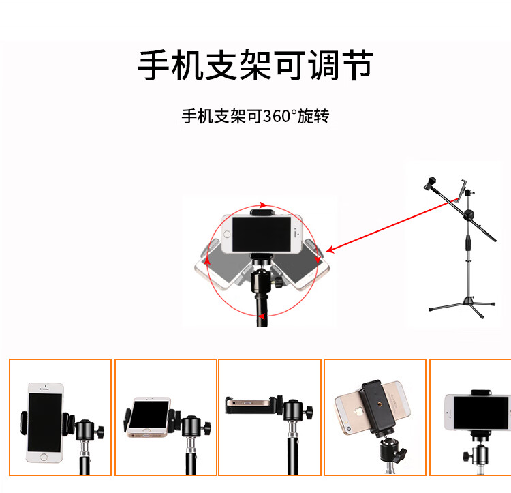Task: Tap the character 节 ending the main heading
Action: [355, 67]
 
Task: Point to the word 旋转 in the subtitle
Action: [313, 117]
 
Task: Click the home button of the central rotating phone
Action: [300, 234]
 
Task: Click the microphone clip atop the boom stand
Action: [430, 183]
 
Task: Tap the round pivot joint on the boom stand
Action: [468, 216]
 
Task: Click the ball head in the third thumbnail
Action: [295, 411]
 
